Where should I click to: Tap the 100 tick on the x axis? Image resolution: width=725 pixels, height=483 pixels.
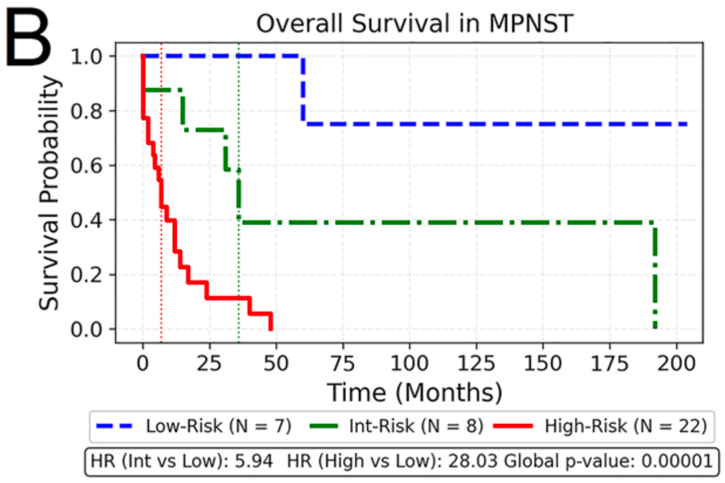point(409,362)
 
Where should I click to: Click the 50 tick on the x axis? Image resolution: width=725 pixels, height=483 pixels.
point(276,362)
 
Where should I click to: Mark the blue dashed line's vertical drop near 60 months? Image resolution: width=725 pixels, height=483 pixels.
point(303,91)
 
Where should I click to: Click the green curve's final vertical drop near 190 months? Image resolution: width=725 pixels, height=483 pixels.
point(655,277)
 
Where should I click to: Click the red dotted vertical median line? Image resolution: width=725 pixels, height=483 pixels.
point(161,189)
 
